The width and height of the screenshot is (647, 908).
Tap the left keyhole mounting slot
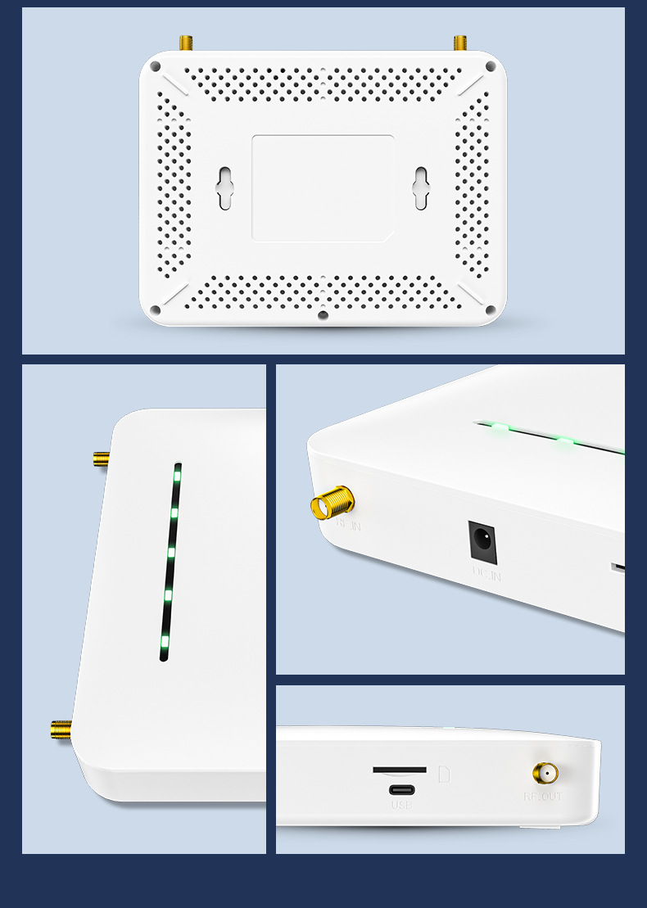224,188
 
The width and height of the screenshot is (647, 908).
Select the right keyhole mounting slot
421,188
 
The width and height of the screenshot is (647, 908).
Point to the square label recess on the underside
323,188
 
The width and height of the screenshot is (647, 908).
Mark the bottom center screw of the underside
323,314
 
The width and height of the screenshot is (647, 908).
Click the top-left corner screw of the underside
155,66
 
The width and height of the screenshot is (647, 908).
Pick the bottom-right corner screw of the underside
491,309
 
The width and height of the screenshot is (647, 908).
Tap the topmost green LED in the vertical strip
176,476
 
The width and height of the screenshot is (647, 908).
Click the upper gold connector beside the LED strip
101,459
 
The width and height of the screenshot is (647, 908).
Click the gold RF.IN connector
332,502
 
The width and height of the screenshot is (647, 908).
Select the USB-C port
401,790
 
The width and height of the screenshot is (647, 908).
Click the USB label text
401,806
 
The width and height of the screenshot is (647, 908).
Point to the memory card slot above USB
400,770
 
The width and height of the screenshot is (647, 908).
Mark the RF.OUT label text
544,796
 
